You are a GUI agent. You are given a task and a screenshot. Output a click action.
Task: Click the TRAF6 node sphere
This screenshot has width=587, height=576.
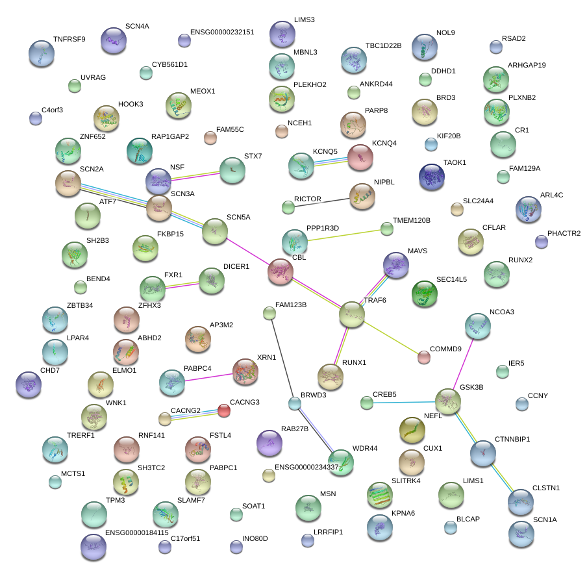click(x=352, y=314)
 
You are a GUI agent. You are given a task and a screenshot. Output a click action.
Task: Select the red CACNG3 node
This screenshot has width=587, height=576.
click(x=223, y=410)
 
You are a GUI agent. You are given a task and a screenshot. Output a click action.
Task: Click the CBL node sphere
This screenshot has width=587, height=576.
click(x=281, y=271)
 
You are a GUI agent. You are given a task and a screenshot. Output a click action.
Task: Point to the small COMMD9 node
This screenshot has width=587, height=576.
click(x=424, y=357)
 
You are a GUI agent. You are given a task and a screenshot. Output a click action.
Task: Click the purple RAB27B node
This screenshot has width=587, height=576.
click(x=269, y=443)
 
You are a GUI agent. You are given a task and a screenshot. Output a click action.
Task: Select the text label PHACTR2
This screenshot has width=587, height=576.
click(x=564, y=233)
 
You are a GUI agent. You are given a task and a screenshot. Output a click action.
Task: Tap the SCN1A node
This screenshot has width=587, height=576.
click(x=521, y=534)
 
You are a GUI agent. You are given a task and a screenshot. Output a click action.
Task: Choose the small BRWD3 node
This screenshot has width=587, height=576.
click(x=295, y=404)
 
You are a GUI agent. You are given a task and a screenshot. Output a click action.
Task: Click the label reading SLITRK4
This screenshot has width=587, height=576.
click(x=406, y=481)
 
